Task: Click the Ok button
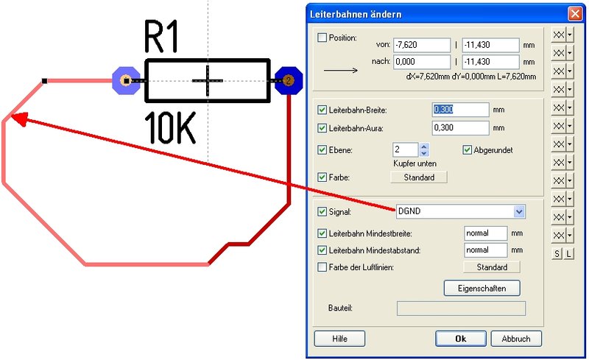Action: coord(460,339)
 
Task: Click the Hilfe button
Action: coord(339,339)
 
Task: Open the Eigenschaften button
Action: coord(482,288)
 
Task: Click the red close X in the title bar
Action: coord(574,14)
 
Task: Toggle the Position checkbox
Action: coord(322,38)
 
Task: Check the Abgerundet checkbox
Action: coord(468,150)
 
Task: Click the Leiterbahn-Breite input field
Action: coord(461,110)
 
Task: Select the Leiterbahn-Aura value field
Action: coord(461,128)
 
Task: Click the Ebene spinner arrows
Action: coord(423,149)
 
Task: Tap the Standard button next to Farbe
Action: coord(419,177)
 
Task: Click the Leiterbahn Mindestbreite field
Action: coord(486,233)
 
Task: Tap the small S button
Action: coord(557,254)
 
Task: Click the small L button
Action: coord(569,254)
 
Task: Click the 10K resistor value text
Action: coord(170,128)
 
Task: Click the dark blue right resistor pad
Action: coord(289,80)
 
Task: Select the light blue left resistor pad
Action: coord(126,80)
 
